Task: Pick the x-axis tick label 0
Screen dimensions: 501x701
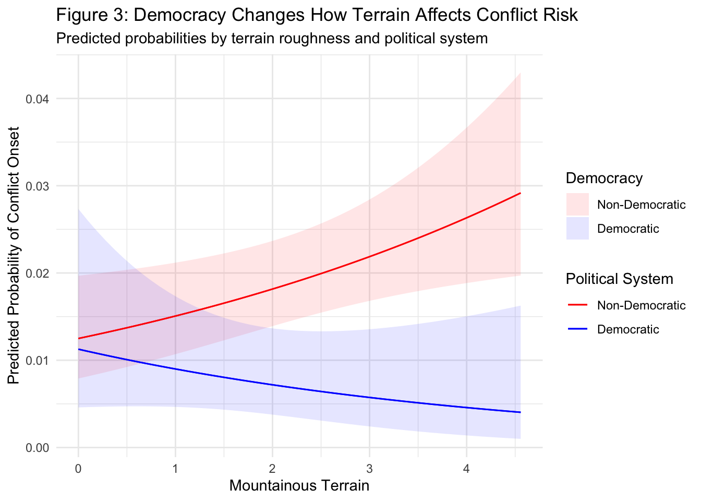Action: click(78, 469)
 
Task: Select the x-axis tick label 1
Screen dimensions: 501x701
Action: click(175, 469)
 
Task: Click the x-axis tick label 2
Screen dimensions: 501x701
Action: click(272, 469)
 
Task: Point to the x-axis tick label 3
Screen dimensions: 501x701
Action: click(369, 469)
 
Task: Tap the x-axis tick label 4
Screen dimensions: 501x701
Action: click(466, 469)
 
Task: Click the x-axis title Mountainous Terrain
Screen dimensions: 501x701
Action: click(299, 486)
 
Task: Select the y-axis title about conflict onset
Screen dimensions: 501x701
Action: click(14, 255)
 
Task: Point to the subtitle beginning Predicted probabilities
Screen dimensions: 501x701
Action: click(272, 39)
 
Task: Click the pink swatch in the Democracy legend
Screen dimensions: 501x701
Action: click(577, 205)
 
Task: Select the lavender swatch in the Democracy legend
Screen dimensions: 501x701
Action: click(577, 229)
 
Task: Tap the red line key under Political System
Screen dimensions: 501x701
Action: click(577, 305)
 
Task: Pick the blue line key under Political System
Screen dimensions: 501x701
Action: click(577, 329)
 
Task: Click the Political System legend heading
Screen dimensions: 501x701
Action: click(619, 279)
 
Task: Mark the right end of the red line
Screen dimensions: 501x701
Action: click(520, 193)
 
